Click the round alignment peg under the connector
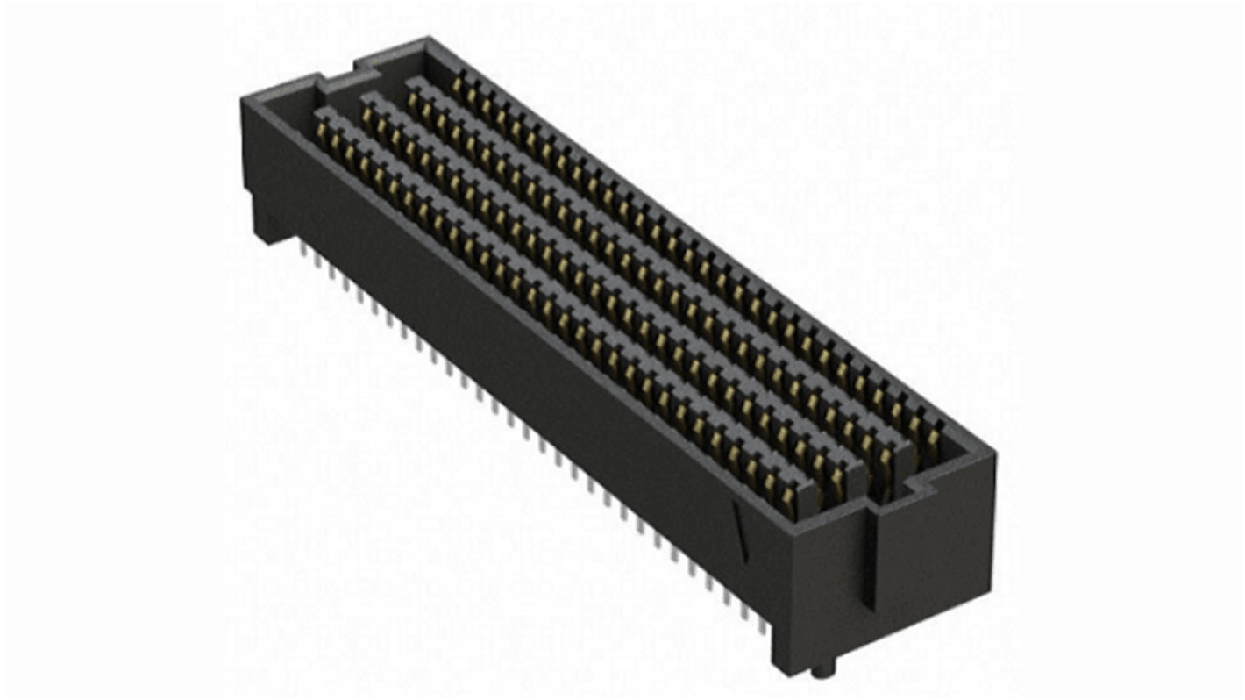818,671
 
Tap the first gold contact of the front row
323,130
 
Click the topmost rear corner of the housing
427,39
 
